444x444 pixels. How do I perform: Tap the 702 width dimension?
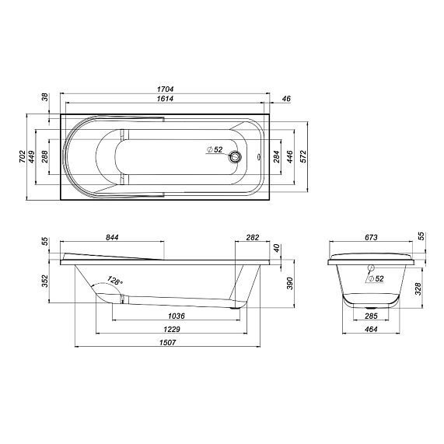pos(22,156)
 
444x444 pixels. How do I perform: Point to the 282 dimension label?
pos(252,237)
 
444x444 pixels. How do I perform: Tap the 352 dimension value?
pos(44,278)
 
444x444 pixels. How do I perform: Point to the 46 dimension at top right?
pos(285,100)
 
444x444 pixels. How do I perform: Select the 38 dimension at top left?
pos(44,98)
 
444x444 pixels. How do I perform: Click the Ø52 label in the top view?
pos(215,149)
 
